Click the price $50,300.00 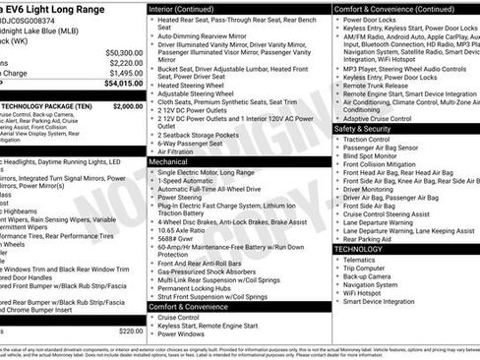click(123, 52)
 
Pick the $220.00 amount click(130, 331)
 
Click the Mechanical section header click(174, 161)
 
